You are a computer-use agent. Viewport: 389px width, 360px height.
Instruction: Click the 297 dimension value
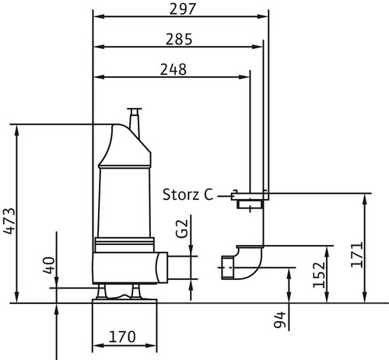pos(183,9)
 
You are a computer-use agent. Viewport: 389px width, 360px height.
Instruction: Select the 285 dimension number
pos(179,39)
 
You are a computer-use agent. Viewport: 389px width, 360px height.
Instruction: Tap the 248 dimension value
pos(173,69)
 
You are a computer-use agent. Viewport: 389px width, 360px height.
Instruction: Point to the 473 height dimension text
pos(9,221)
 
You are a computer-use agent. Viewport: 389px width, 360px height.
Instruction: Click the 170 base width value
pos(122,337)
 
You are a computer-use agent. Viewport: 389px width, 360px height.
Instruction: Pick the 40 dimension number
pos(49,265)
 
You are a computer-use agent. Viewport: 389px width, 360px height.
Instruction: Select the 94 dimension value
pos(280,320)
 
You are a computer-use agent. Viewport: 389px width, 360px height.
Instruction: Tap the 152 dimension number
pos(319,275)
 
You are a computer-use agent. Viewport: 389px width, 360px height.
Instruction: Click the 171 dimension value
pos(357,254)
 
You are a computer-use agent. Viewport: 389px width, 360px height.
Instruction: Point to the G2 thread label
pos(181,229)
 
